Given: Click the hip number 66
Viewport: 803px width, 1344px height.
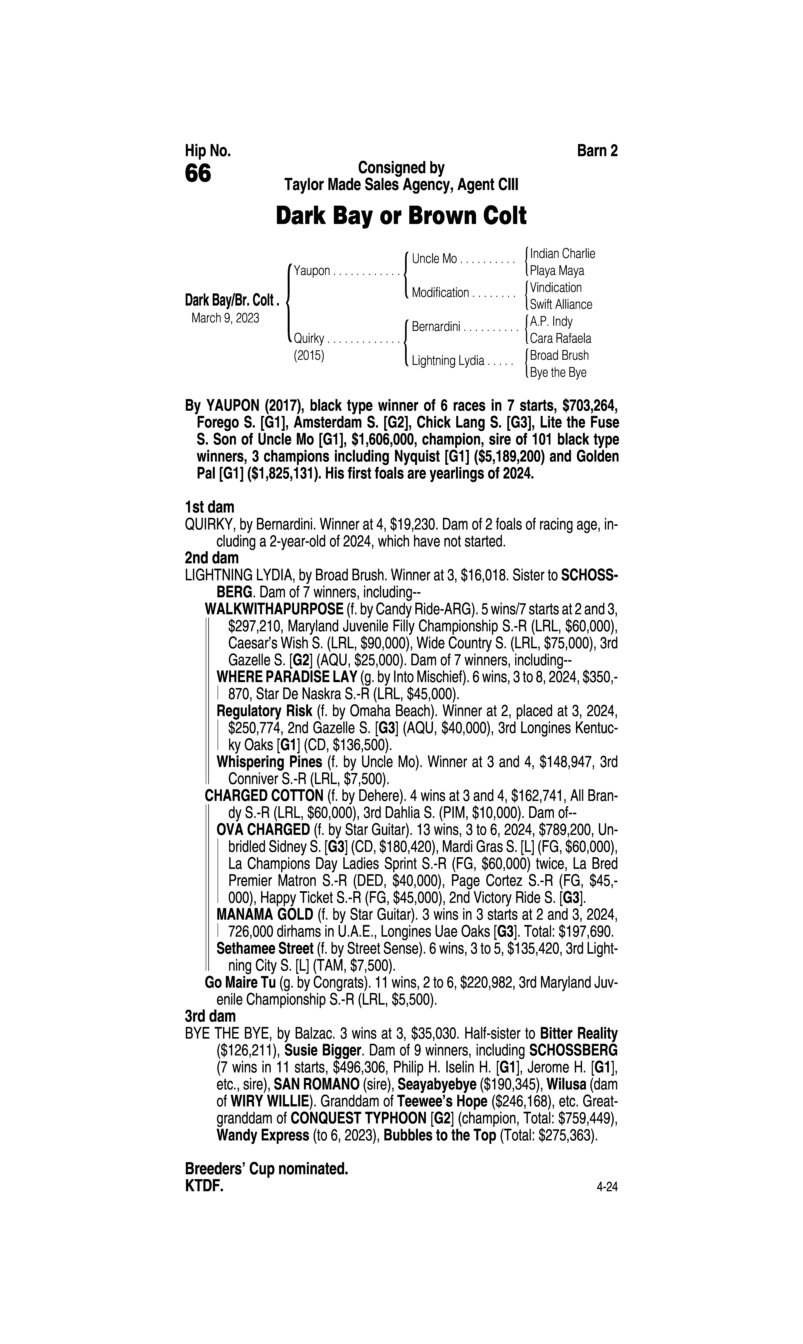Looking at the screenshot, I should pyautogui.click(x=198, y=174).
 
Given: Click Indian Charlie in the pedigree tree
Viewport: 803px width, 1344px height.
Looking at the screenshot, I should pyautogui.click(x=562, y=253).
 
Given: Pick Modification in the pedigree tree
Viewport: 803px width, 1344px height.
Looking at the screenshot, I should pyautogui.click(x=440, y=293).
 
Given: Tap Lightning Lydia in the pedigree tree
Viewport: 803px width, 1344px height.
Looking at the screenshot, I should pyautogui.click(x=448, y=361).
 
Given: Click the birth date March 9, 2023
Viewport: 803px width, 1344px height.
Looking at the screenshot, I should pyautogui.click(x=225, y=318).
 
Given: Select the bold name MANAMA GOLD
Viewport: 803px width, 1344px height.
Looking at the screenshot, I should pyautogui.click(x=265, y=915).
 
